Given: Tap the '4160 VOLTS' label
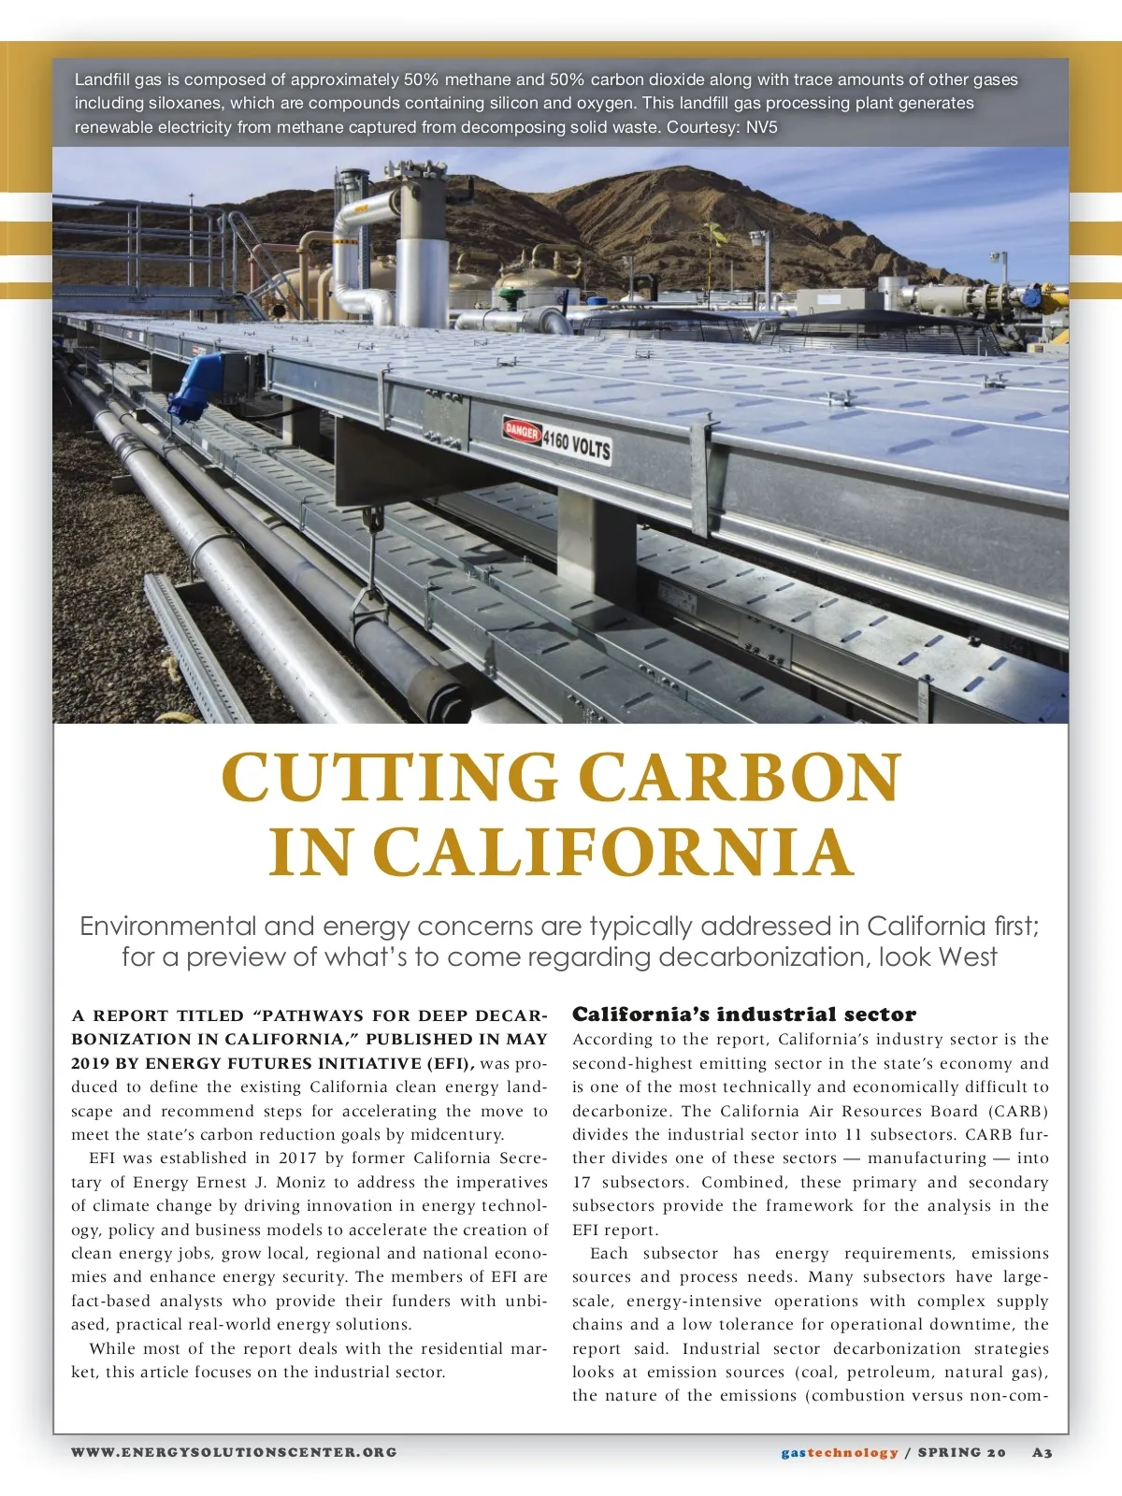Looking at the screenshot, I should [x=577, y=445].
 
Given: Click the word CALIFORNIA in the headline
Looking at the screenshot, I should [x=612, y=852].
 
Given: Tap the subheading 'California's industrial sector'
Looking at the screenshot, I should [x=744, y=1014].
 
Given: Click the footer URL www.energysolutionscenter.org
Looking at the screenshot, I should [x=235, y=1452].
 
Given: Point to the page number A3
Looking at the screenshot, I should [x=1043, y=1452].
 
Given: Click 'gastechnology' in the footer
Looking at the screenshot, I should [x=840, y=1452].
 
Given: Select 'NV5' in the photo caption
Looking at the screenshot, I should [x=761, y=127].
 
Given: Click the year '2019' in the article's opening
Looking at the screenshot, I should [x=90, y=1063].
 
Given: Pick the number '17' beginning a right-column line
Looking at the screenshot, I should [x=583, y=1182].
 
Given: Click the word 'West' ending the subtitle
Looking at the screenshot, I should [x=968, y=957].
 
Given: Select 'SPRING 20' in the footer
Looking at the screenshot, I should [x=962, y=1452].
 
